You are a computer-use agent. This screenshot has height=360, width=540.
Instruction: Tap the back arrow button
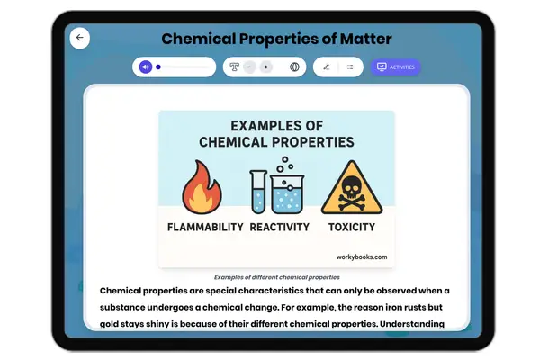(80, 38)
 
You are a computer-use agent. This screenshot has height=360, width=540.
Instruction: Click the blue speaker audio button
(146, 67)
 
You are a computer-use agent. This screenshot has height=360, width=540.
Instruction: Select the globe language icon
(294, 67)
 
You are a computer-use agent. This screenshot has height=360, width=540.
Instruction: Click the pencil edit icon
(326, 67)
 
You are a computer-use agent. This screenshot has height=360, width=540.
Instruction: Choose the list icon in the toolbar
(350, 67)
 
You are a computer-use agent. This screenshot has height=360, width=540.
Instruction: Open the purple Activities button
(396, 67)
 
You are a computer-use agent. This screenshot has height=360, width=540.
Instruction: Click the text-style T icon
(235, 67)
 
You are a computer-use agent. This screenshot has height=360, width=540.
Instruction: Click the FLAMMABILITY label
(205, 227)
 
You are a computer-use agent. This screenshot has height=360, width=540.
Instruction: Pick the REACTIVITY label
(280, 227)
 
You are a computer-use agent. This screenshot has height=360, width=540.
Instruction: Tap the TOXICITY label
(352, 227)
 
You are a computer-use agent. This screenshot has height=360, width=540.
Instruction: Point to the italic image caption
(276, 277)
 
